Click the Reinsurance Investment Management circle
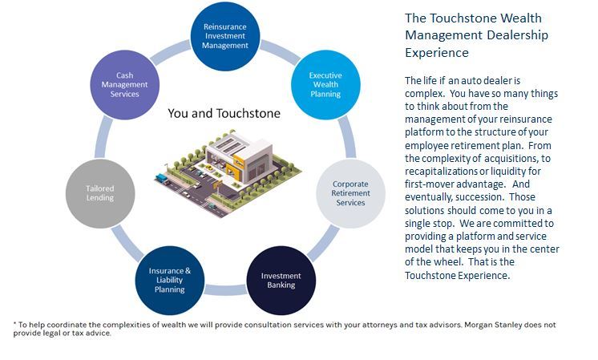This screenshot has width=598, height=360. (226, 35)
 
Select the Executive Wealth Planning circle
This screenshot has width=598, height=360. (325, 83)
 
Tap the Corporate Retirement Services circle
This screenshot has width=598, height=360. (349, 192)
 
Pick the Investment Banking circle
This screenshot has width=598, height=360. (281, 280)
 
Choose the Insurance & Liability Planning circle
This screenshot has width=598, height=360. (170, 280)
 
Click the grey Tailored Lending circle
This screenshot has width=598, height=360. (100, 193)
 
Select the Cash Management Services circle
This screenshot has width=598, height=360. (124, 83)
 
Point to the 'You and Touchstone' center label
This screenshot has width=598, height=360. (224, 113)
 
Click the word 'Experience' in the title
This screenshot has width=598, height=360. (437, 52)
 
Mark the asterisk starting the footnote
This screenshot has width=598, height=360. (15, 325)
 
